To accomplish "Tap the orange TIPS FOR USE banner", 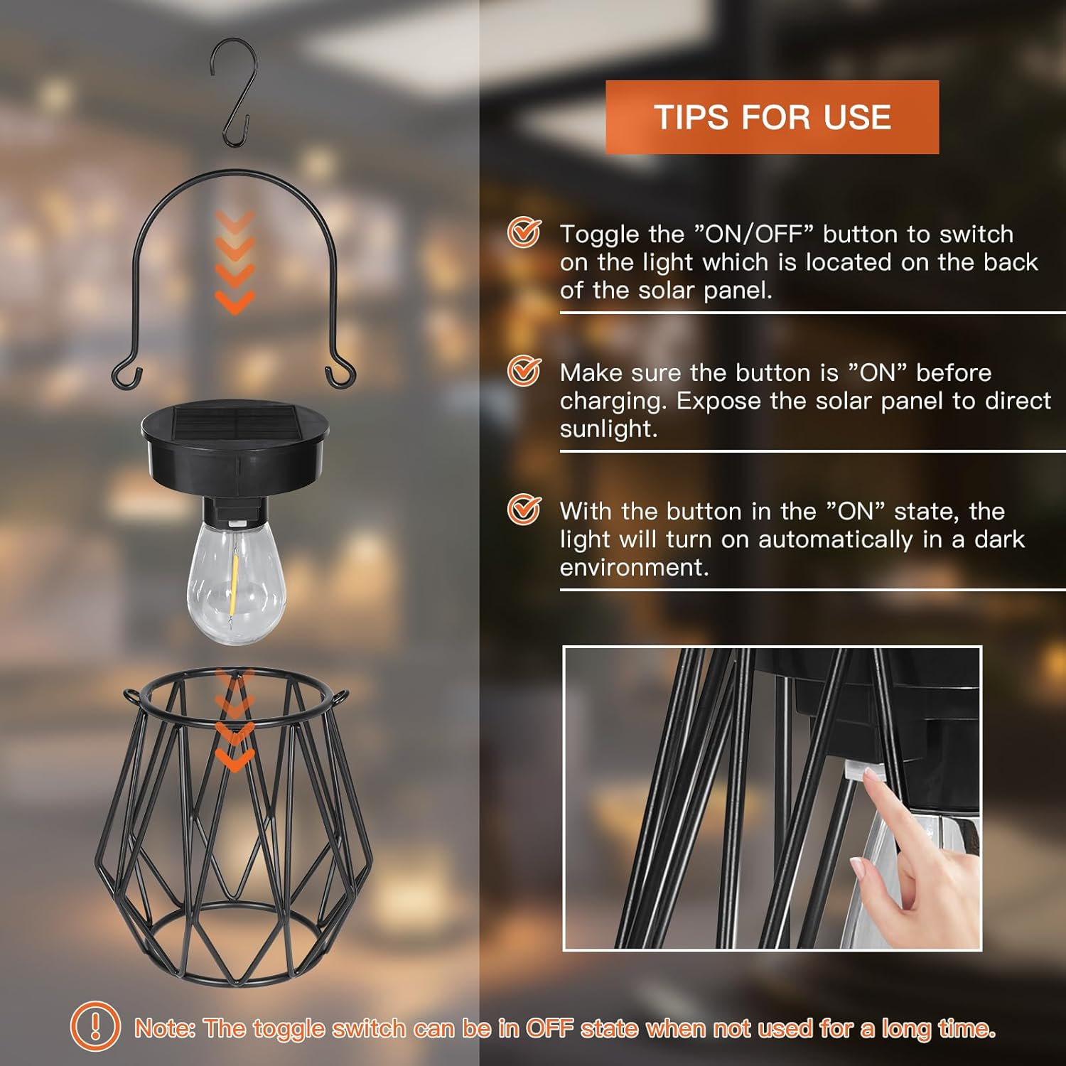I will point(772,117).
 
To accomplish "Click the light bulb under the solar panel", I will point(236,583).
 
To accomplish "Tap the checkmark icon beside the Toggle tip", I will point(524,232).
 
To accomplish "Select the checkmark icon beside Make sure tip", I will point(524,371).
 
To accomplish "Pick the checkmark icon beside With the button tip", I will point(524,510).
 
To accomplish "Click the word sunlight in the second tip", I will point(607,429).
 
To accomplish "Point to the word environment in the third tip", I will point(633,568).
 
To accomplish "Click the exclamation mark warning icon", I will point(95,1026).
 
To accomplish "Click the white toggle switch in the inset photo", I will point(861,770).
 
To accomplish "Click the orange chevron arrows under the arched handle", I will point(235,263).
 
